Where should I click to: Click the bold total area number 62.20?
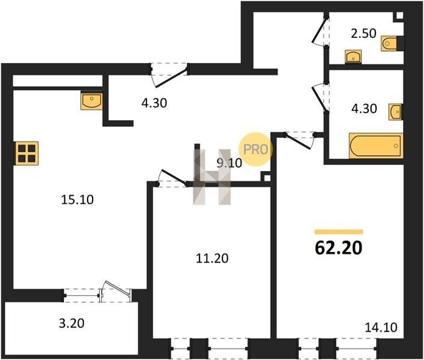[339, 248]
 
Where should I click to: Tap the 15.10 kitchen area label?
[77, 200]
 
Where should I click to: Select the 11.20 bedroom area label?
[212, 258]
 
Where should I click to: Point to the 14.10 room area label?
[381, 328]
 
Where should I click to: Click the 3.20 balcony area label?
[71, 323]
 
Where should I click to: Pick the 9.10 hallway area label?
[229, 163]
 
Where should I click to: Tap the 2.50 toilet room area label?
[363, 34]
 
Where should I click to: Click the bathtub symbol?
[376, 146]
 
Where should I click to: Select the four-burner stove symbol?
[27, 153]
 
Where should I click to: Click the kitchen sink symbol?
[91, 101]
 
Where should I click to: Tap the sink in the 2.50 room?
[353, 57]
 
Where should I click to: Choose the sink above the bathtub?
[396, 112]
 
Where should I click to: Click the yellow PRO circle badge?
[255, 149]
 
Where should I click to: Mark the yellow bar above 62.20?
[339, 232]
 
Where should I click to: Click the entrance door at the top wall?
[169, 75]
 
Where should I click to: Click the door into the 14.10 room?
[300, 140]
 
